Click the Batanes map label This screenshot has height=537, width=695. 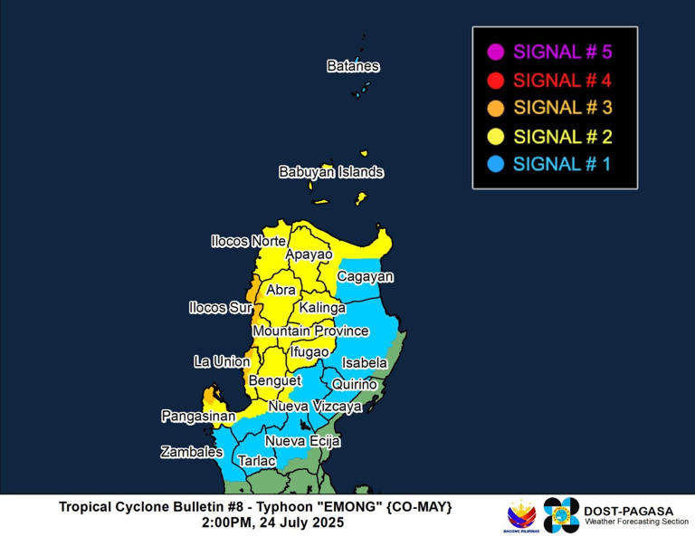(x=353, y=66)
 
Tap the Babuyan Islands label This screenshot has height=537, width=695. (x=331, y=172)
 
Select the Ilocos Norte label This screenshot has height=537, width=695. (x=248, y=242)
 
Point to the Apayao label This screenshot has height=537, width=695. (x=309, y=255)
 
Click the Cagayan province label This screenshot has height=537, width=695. (x=365, y=276)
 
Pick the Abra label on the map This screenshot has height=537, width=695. (x=281, y=290)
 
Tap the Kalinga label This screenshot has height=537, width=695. (x=322, y=308)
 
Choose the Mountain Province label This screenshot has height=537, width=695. (x=310, y=331)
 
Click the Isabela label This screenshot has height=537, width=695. (x=365, y=363)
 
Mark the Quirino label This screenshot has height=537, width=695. (x=355, y=384)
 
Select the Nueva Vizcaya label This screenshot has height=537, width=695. (x=315, y=407)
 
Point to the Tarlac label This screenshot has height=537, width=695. (x=256, y=461)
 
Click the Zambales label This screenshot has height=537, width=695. (x=192, y=452)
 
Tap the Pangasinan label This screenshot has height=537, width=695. (x=198, y=417)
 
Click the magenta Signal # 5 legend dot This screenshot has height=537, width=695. (x=494, y=52)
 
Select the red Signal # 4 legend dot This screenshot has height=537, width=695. (x=494, y=80)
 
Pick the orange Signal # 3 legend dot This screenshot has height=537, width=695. (x=494, y=108)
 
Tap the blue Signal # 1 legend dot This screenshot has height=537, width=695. (x=494, y=164)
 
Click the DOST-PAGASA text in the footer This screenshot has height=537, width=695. (x=629, y=511)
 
